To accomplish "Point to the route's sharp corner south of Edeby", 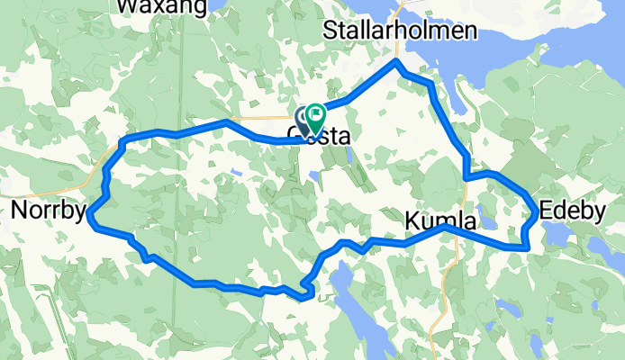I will (524, 247).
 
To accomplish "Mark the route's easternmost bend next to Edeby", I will (538, 212).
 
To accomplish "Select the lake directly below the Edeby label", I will (559, 236).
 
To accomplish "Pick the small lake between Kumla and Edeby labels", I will (488, 220).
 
